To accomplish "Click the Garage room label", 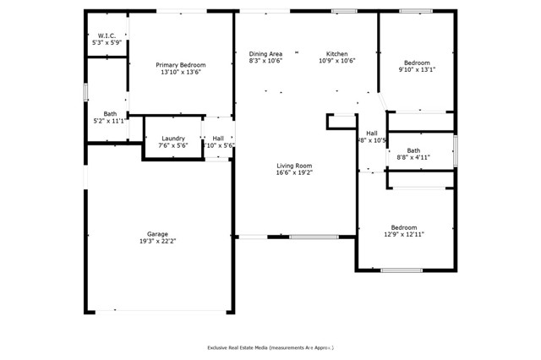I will click(157, 234).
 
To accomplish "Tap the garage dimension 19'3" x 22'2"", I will click(157, 242).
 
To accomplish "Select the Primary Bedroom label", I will click(180, 65).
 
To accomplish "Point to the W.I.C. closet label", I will click(107, 35).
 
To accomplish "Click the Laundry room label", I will click(173, 139).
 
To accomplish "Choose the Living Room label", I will click(294, 166).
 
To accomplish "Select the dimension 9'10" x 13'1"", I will click(416, 70).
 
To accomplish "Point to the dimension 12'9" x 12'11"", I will click(403, 234).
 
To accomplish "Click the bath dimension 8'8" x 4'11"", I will click(413, 157).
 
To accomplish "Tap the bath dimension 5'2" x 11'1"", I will click(110, 121).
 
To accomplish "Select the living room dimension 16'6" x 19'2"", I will click(294, 172).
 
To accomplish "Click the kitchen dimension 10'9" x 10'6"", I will click(337, 61).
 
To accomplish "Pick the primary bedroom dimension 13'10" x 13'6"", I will click(180, 72).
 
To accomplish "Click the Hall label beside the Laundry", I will click(218, 139).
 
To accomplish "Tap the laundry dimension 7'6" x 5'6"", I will click(173, 145).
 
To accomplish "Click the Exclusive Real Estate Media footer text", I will click(270, 347).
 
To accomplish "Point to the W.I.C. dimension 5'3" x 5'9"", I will click(107, 42).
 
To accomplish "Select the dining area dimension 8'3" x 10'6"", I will click(265, 61).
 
